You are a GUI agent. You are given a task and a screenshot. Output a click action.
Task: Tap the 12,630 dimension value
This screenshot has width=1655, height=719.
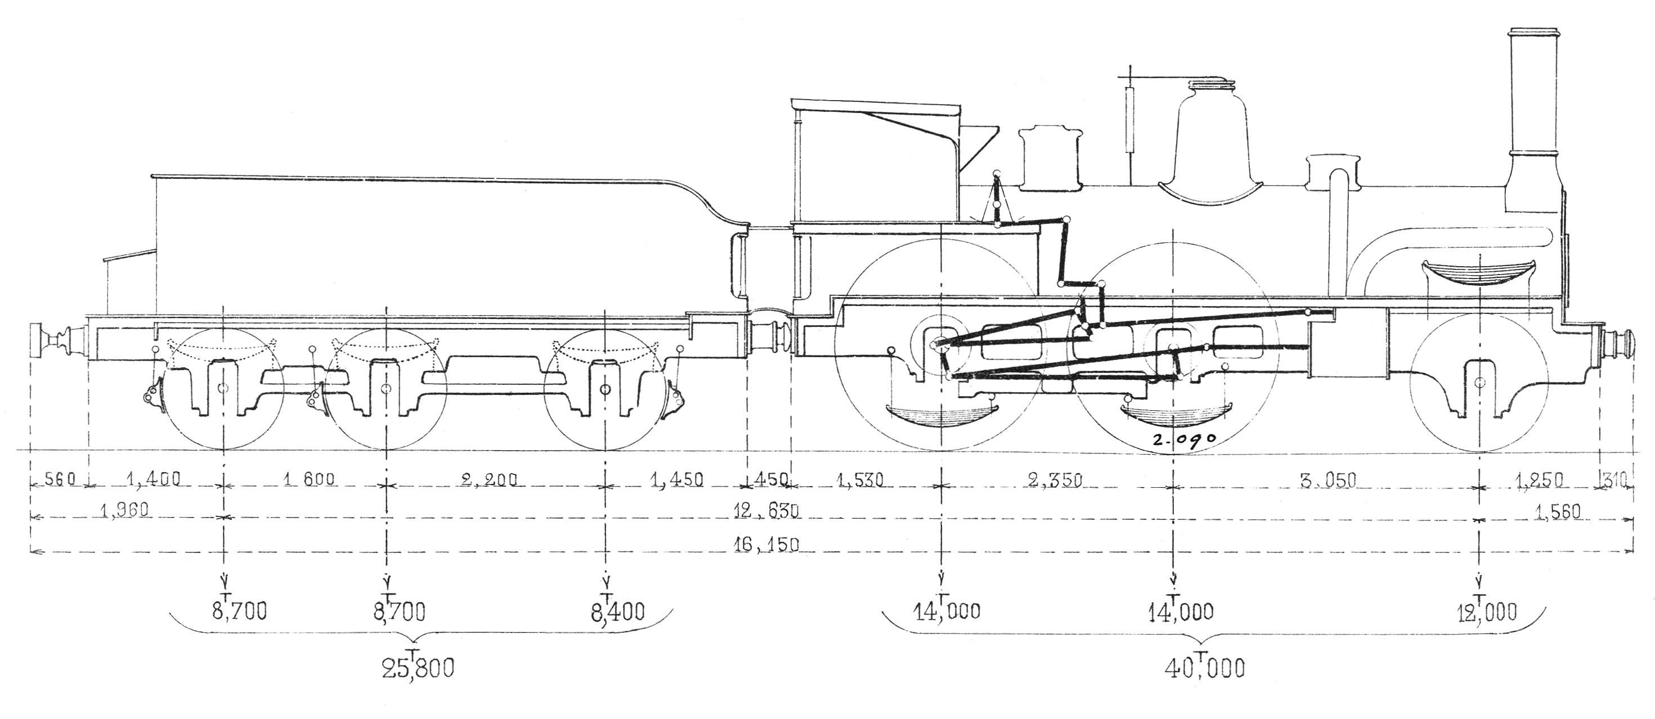click(x=766, y=511)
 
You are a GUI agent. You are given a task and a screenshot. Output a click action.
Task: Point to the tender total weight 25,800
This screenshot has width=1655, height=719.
click(x=418, y=668)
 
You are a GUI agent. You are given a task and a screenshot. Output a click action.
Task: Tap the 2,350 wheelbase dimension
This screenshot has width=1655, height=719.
click(x=1055, y=480)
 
